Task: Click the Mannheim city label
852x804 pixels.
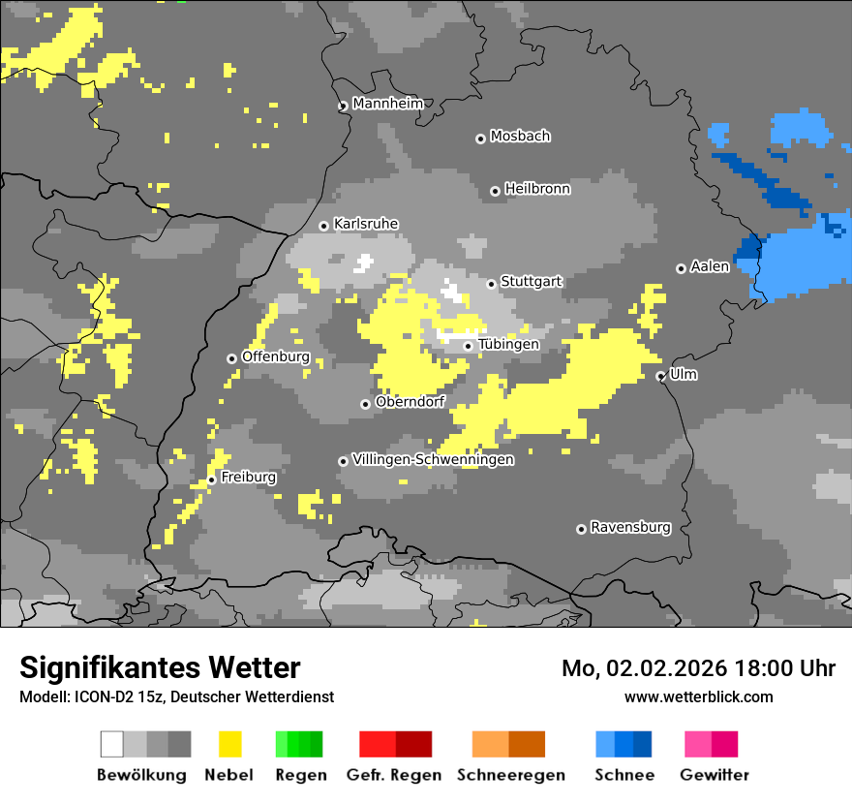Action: pos(388,104)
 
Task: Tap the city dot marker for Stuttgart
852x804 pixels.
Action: pos(492,284)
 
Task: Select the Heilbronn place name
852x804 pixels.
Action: pos(537,189)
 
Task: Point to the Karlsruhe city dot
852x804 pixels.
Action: pos(324,226)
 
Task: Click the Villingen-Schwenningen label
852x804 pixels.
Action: pos(433,459)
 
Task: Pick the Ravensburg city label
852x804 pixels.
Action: pos(630,527)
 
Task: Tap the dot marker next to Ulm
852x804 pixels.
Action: pos(660,376)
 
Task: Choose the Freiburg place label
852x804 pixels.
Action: pos(248,478)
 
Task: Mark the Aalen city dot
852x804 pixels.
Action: pos(681,268)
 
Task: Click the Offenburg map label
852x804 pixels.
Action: pos(275,356)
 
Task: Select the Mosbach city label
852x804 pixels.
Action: pos(520,137)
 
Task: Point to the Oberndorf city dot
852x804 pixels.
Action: pos(365,404)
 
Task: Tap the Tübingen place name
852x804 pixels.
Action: pos(508,344)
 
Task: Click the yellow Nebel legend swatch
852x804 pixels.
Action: pos(229,744)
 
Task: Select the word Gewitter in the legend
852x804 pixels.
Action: pos(714,775)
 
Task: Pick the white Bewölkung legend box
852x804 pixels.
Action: pos(112,744)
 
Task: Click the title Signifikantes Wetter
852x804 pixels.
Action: pos(160,667)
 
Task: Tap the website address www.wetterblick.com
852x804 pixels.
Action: pos(698,696)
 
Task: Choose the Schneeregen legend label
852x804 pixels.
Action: pos(511,775)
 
